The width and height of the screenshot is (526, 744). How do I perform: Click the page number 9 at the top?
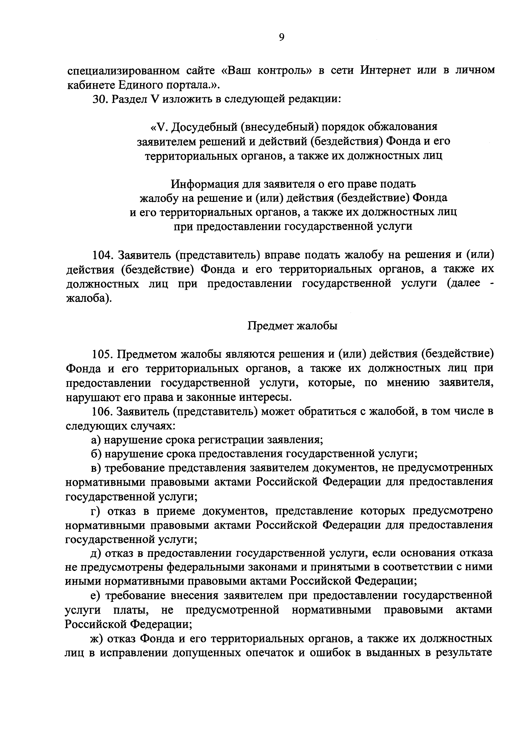tap(281, 38)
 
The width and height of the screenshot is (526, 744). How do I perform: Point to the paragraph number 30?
tap(99, 99)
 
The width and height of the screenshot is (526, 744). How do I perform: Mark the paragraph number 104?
tap(102, 255)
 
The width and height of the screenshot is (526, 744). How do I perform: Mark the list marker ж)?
tap(96, 639)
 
